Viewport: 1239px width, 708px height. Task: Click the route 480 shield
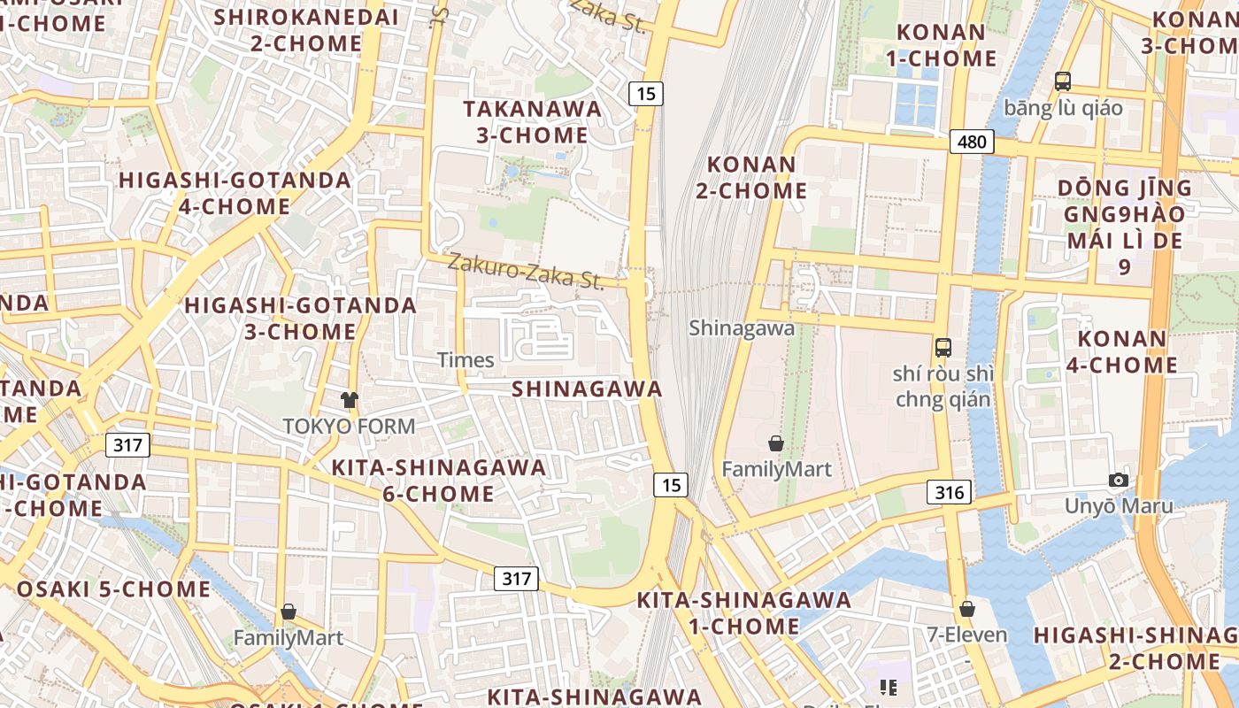pyautogui.click(x=972, y=142)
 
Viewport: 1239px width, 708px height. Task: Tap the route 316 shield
pyautogui.click(x=949, y=492)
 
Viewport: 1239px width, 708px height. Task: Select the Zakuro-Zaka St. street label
pyautogui.click(x=526, y=272)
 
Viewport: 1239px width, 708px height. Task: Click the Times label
pyautogui.click(x=466, y=359)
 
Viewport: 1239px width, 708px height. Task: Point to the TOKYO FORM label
pyautogui.click(x=349, y=427)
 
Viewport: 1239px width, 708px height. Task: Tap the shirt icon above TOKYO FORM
pyautogui.click(x=350, y=400)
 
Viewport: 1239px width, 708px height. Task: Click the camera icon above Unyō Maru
pyautogui.click(x=1119, y=480)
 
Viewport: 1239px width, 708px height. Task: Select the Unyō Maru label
pyautogui.click(x=1119, y=506)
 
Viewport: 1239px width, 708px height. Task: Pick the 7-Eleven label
pyautogui.click(x=966, y=635)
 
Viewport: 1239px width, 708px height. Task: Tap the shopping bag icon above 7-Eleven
pyautogui.click(x=967, y=609)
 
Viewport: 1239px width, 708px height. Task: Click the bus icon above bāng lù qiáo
pyautogui.click(x=1063, y=81)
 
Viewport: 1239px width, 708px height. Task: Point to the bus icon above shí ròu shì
pyautogui.click(x=943, y=347)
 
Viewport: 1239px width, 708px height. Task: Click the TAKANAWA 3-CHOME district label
pyautogui.click(x=532, y=122)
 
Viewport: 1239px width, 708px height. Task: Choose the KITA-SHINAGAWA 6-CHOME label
pyautogui.click(x=438, y=481)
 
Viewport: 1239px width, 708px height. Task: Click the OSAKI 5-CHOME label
pyautogui.click(x=113, y=589)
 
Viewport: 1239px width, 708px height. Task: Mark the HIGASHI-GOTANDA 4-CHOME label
pyautogui.click(x=235, y=193)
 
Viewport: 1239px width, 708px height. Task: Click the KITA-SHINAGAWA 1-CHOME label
pyautogui.click(x=743, y=613)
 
